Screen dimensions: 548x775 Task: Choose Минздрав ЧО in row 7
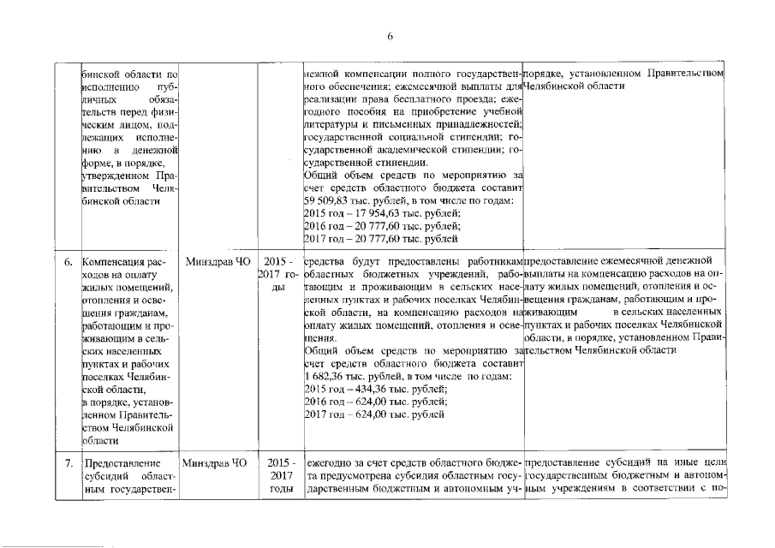click(x=213, y=464)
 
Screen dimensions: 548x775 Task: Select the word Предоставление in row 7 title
click(x=120, y=464)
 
